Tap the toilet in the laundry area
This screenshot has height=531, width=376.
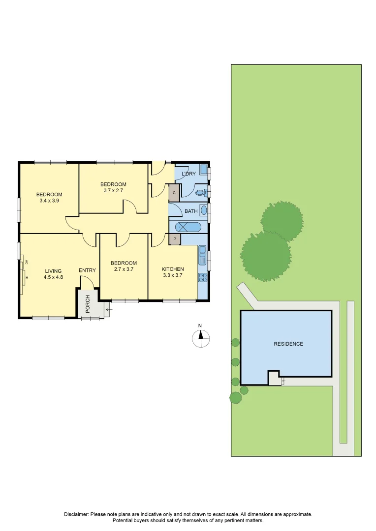coord(200,193)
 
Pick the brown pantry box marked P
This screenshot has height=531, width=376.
coord(174,239)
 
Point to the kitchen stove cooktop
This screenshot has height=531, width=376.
coord(202,277)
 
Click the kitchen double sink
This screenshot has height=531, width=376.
coord(202,255)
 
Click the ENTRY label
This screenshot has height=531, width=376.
coord(87,270)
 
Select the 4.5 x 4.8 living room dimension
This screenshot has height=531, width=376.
coord(53,277)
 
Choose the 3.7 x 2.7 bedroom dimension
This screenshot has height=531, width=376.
coord(114,191)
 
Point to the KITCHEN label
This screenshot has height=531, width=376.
coord(173,269)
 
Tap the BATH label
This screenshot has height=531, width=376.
coord(191,211)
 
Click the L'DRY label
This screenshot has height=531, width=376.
coord(189,174)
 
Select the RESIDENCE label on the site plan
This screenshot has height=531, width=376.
coord(288,344)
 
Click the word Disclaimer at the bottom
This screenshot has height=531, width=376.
coord(76,514)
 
